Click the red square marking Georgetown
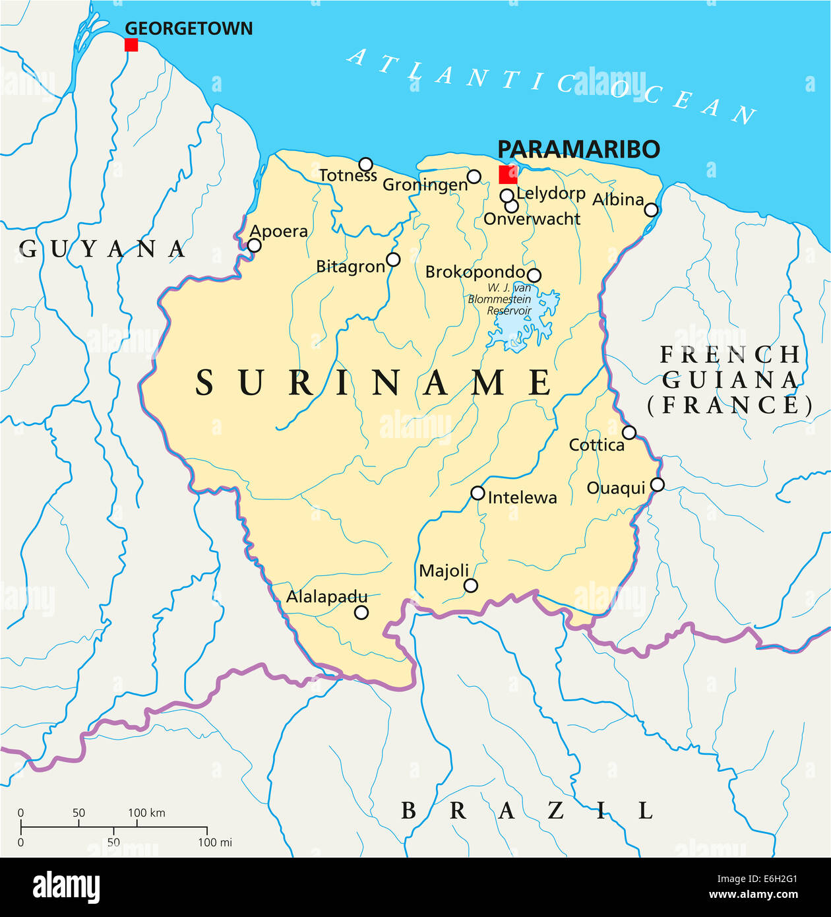click(131, 45)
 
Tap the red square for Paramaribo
click(508, 175)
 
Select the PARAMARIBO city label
click(578, 150)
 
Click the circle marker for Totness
click(365, 164)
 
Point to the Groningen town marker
click(474, 176)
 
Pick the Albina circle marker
click(651, 210)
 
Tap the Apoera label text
click(278, 232)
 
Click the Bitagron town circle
click(393, 259)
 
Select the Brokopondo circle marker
click(534, 275)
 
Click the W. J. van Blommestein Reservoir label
click(500, 300)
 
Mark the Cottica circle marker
click(629, 433)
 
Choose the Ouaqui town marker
click(657, 485)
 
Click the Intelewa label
click(522, 497)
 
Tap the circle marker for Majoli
click(470, 585)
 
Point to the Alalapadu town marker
click(361, 612)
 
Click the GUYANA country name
click(102, 249)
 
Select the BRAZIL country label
click(528, 811)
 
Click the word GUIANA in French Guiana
click(730, 380)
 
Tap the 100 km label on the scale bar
click(146, 813)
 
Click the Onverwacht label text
click(532, 219)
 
